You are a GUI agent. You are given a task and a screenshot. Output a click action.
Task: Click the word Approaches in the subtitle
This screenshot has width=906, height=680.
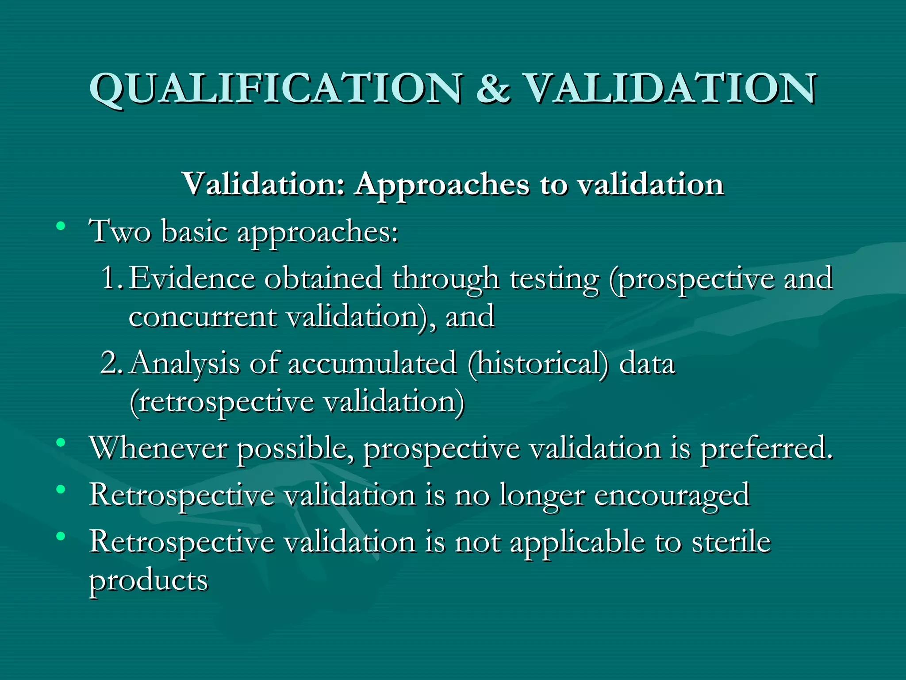(x=442, y=185)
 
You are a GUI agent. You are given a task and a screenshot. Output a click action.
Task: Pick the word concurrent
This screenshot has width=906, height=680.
(x=203, y=317)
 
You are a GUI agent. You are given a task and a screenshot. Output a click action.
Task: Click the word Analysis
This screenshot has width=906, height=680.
(x=185, y=364)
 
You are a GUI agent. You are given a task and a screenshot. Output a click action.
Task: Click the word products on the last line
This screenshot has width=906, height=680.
(x=149, y=581)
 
